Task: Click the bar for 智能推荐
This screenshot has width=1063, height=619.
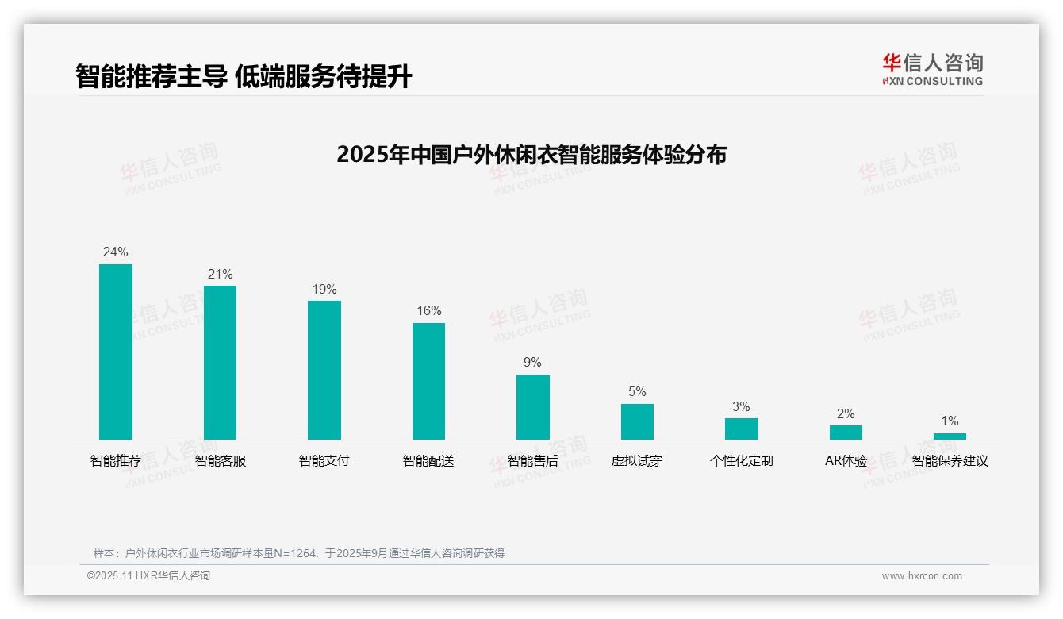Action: click(116, 352)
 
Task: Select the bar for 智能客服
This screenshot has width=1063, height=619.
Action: click(220, 363)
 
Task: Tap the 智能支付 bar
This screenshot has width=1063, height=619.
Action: click(324, 370)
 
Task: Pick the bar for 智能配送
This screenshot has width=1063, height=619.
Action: click(428, 381)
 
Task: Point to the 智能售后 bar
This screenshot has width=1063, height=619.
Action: click(533, 407)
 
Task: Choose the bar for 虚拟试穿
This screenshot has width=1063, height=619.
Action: click(637, 421)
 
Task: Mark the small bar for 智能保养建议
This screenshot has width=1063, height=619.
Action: click(950, 436)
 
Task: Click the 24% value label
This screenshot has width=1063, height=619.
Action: click(116, 252)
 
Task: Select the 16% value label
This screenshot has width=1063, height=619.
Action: click(429, 311)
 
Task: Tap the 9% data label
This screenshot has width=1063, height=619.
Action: click(533, 363)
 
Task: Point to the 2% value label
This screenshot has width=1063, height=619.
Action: click(846, 414)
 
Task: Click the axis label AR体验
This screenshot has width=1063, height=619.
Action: click(846, 461)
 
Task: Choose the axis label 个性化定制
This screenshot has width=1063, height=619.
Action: click(741, 461)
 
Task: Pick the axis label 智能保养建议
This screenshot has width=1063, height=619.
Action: click(950, 461)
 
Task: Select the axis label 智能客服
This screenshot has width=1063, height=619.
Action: click(220, 461)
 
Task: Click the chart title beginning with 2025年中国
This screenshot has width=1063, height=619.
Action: click(531, 155)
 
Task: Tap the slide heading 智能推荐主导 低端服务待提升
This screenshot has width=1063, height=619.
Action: click(244, 76)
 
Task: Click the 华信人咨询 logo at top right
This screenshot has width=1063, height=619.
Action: click(932, 69)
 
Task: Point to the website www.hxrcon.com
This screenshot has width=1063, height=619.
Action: click(922, 576)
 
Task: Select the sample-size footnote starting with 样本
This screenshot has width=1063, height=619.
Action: click(299, 553)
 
